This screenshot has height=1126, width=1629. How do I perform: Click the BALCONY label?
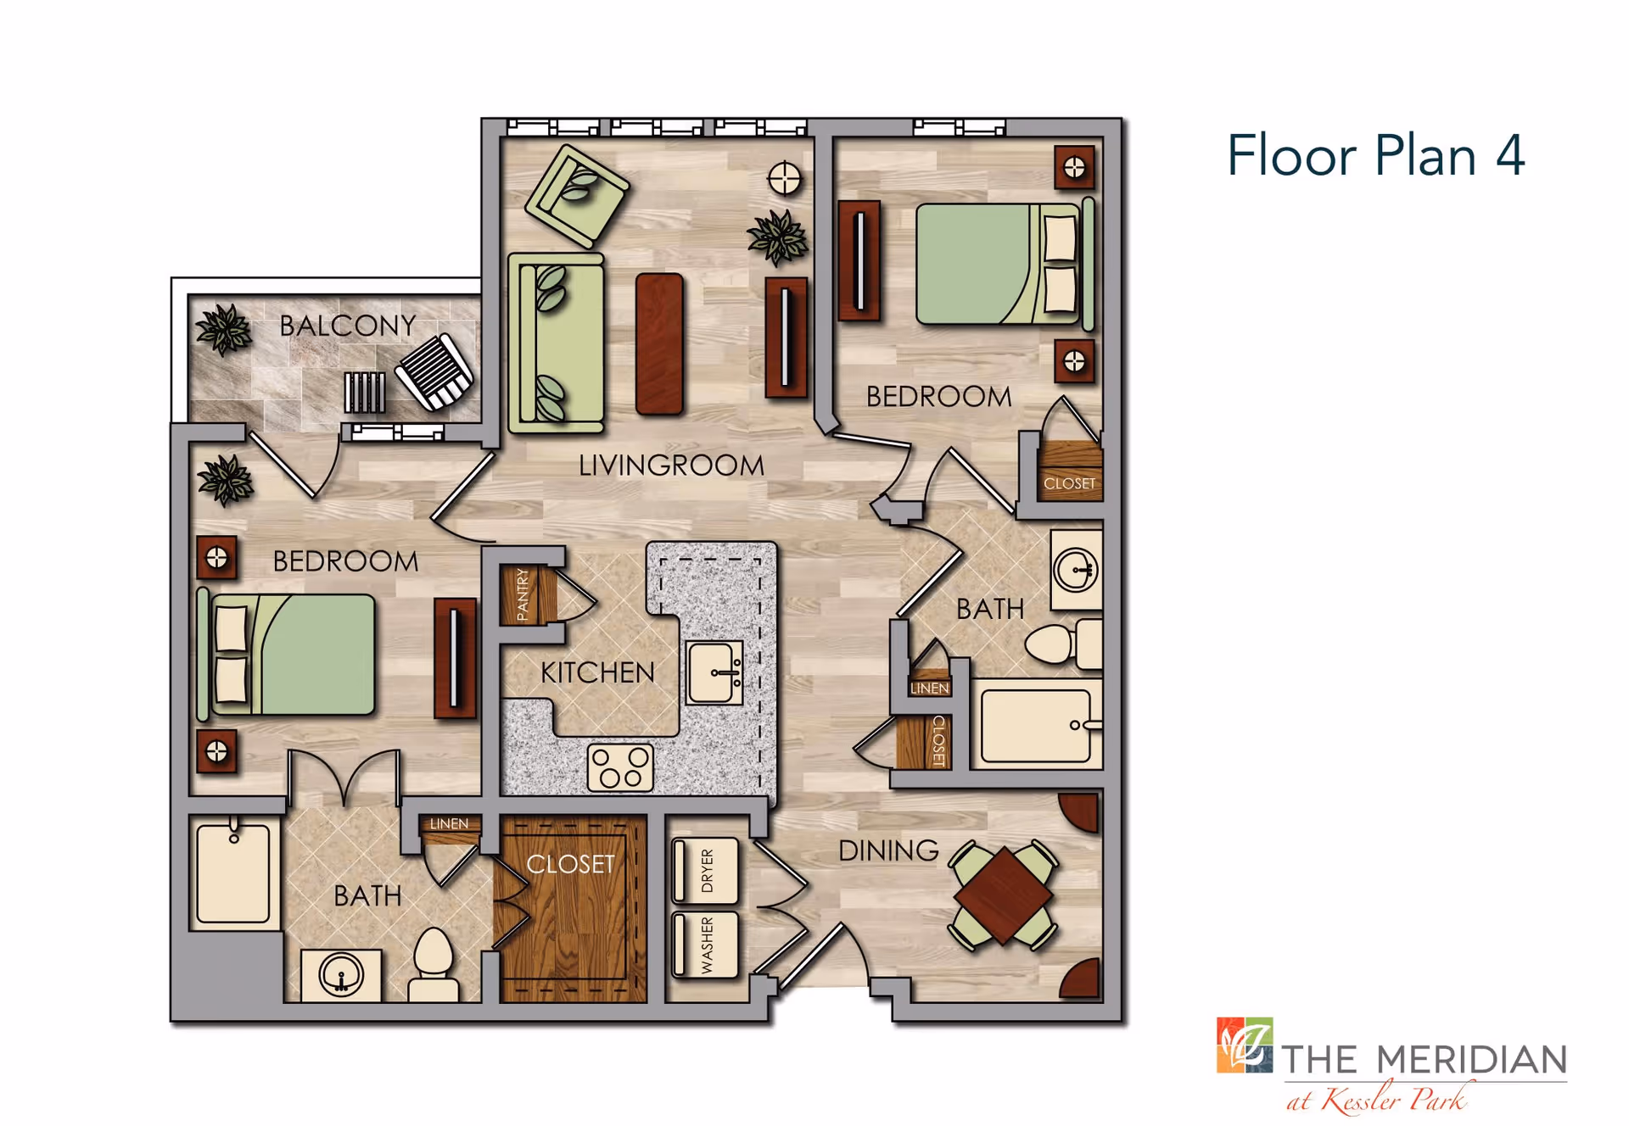tap(348, 326)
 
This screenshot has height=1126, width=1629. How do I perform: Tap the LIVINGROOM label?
tap(671, 465)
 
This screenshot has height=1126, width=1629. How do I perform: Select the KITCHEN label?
tap(597, 673)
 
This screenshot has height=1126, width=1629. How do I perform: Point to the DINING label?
tap(888, 850)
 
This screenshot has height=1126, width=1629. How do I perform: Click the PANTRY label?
tap(523, 594)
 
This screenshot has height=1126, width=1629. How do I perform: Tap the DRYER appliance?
tap(705, 871)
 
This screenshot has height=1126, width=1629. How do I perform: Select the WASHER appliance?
tap(705, 945)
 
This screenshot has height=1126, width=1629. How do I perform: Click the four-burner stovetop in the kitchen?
tap(621, 767)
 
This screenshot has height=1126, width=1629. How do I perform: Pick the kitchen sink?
tap(715, 673)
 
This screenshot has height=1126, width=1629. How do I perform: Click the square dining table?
tap(1004, 895)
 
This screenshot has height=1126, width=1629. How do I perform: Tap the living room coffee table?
tap(659, 343)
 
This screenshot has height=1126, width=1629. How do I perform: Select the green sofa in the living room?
tap(557, 343)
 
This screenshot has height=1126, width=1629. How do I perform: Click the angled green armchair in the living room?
tap(577, 196)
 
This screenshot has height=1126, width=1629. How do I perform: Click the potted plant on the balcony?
tap(224, 330)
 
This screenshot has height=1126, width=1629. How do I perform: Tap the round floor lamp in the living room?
tap(784, 179)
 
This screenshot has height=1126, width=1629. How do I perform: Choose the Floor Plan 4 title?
tap(1375, 156)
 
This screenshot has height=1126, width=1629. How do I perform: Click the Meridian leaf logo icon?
tap(1245, 1045)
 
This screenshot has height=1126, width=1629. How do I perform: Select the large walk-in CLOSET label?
tap(570, 864)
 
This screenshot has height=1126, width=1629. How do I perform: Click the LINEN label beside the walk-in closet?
tap(449, 823)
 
